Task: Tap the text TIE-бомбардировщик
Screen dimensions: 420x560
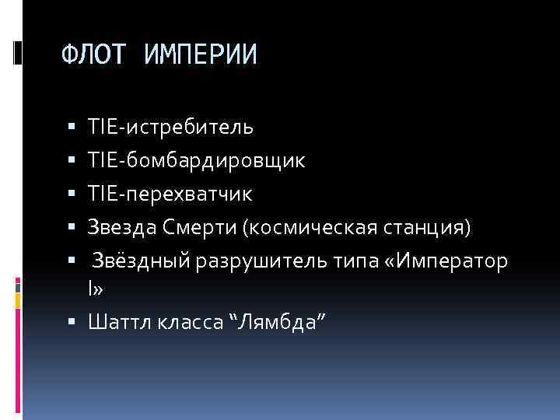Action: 196,160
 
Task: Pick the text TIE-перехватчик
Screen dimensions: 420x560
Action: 170,194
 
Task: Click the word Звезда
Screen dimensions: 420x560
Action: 123,228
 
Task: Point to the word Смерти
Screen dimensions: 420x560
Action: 201,228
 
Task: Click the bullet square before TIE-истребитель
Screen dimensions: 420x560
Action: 72,125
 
